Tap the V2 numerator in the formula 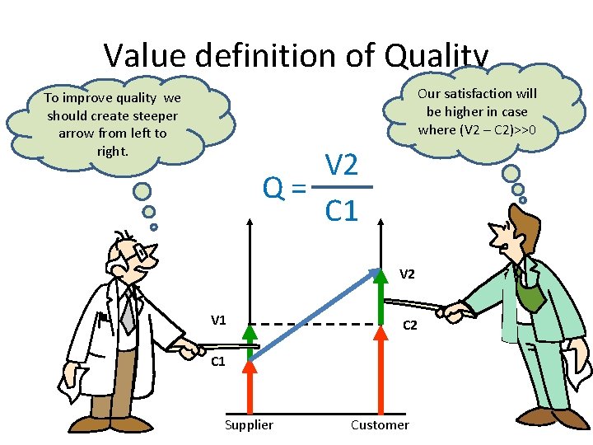(341, 166)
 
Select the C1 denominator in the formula (341, 212)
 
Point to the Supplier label (249, 424)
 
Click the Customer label (380, 424)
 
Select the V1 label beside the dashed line (218, 320)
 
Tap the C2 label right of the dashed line (409, 326)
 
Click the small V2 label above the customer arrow (407, 274)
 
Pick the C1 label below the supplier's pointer (218, 362)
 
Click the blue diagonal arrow (313, 313)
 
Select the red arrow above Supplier (250, 387)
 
